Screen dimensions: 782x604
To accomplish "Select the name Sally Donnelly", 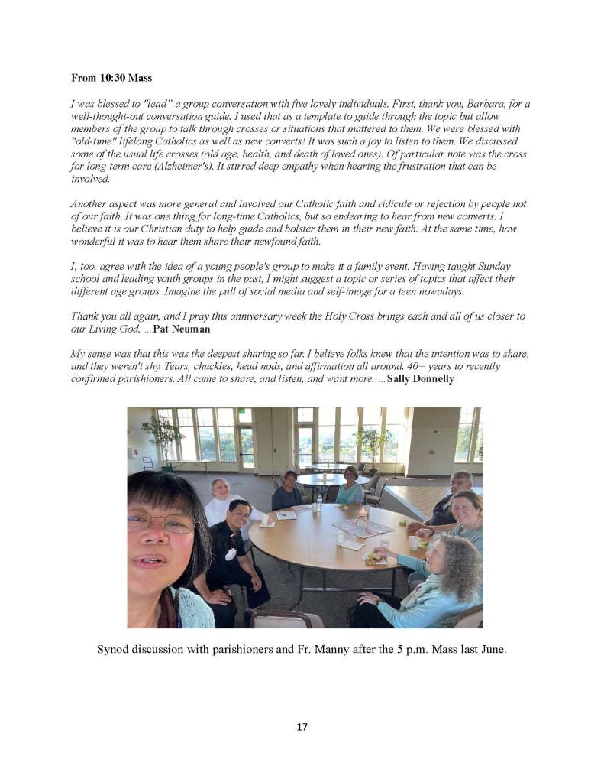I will point(421,378).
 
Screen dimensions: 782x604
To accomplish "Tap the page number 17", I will point(302,727).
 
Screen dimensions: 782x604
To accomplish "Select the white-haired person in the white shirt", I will point(221,501).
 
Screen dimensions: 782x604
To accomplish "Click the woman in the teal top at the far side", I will point(350,487).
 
